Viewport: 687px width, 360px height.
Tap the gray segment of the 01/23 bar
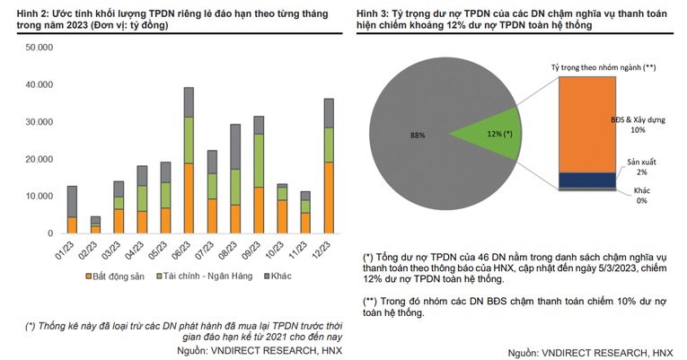click(72, 201)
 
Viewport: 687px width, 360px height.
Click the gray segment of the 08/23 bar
click(235, 146)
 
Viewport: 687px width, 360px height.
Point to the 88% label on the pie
click(418, 135)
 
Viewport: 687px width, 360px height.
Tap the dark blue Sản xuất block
click(586, 180)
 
